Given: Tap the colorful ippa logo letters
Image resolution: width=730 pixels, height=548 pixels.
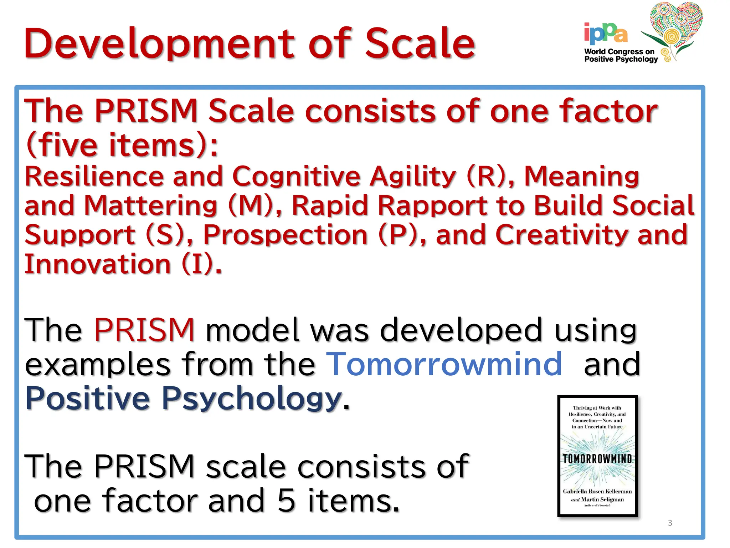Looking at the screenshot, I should pos(606,33).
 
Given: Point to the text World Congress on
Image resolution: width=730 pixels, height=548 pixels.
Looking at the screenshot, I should pos(619,51).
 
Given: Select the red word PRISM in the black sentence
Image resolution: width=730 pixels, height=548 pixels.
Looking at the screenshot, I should pos(144,330).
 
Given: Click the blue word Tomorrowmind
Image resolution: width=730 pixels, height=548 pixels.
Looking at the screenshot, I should pos(444,364).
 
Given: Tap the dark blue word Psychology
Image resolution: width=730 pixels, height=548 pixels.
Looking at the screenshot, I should pos(252,398).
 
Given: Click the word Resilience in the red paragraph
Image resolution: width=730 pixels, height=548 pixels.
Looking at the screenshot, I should pos(93,176).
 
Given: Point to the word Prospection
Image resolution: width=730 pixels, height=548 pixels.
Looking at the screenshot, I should pos(285,235).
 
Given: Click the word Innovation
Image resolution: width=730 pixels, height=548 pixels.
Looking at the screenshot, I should pos(98,264).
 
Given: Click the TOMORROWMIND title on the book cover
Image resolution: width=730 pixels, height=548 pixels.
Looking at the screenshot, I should pos(597,459).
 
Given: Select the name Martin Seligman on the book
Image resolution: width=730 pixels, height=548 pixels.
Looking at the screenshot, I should pos(602,499).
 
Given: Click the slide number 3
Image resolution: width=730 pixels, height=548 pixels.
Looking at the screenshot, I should pos(670,523).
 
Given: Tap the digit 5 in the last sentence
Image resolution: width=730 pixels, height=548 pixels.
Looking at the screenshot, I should pos(286,500).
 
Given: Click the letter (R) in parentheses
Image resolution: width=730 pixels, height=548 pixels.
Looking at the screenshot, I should pos(486,176).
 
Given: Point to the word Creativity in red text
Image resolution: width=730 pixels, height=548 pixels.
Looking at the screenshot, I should pos(561,235).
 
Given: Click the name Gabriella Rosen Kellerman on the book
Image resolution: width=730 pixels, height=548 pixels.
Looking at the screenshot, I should pos(597,492).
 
